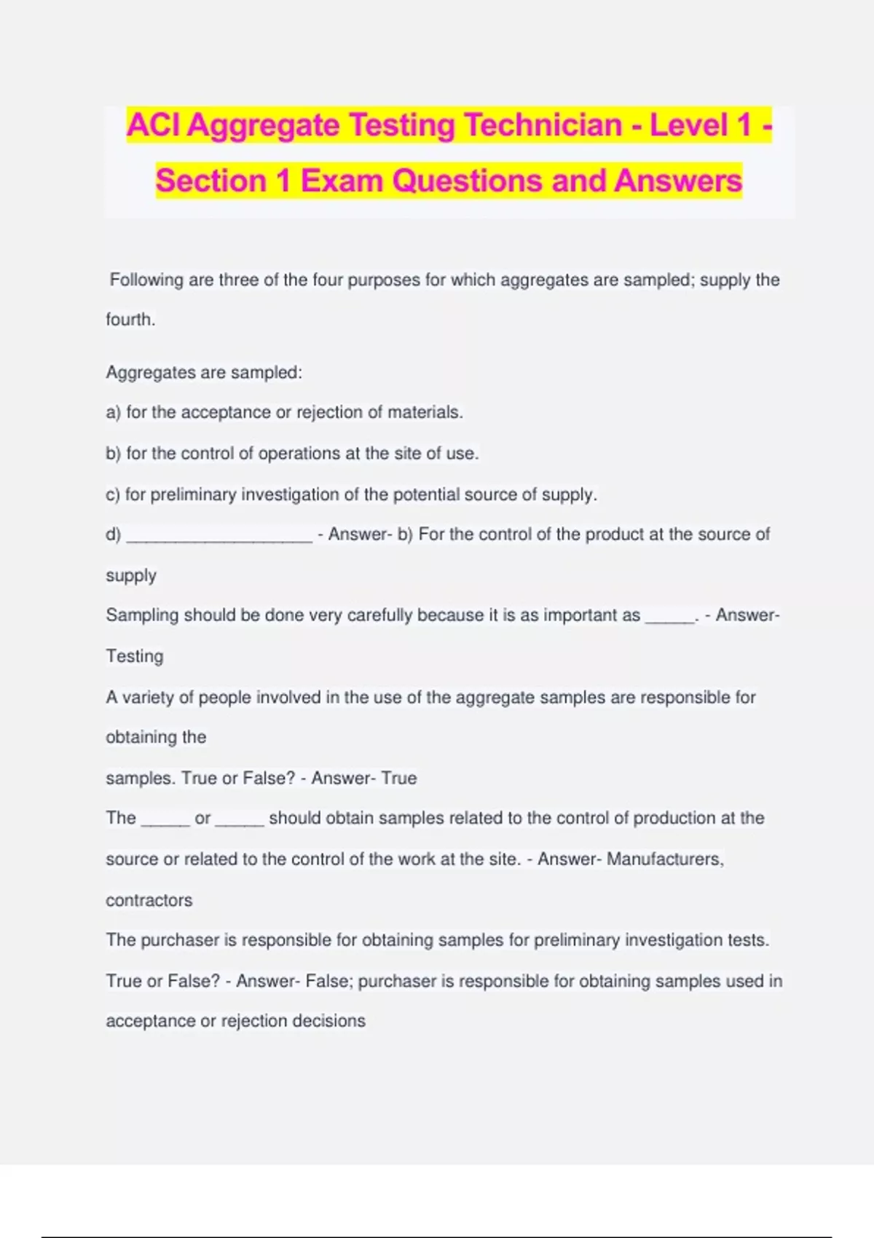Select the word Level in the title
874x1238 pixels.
tap(688, 125)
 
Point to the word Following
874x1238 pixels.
tap(146, 280)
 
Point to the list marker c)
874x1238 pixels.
tap(112, 494)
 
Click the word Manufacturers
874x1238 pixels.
tap(665, 859)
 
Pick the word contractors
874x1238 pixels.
tap(149, 900)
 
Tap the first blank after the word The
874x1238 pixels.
tap(165, 822)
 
